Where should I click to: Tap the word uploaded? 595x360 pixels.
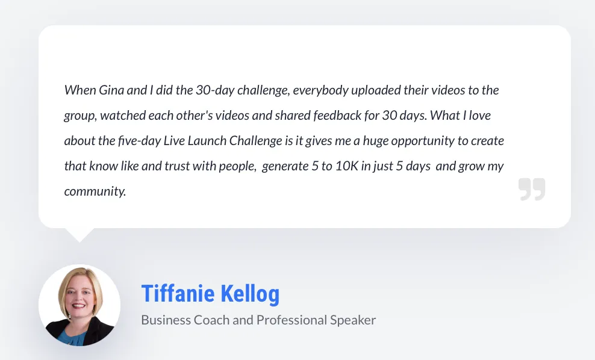point(376,91)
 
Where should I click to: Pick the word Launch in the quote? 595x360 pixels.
point(207,141)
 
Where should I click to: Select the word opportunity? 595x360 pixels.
point(423,141)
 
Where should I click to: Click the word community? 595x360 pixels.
point(95,191)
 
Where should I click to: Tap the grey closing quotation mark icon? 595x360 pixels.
point(532,189)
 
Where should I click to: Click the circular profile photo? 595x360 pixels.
point(79,305)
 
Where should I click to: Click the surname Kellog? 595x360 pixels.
point(250,294)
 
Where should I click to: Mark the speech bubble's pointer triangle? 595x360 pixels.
point(79,235)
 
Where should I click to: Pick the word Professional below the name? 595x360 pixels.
point(291,320)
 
